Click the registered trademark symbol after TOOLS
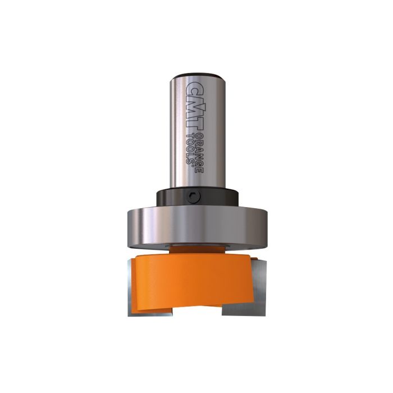pos(193,164)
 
